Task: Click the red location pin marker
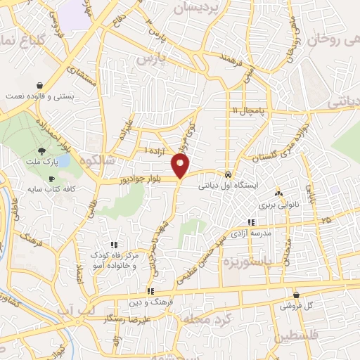click(181, 166)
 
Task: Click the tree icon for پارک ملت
click(44, 150)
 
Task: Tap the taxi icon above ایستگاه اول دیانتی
click(229, 174)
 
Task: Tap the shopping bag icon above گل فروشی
click(297, 295)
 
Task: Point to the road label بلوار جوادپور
click(137, 180)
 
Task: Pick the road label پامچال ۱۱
click(247, 111)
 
